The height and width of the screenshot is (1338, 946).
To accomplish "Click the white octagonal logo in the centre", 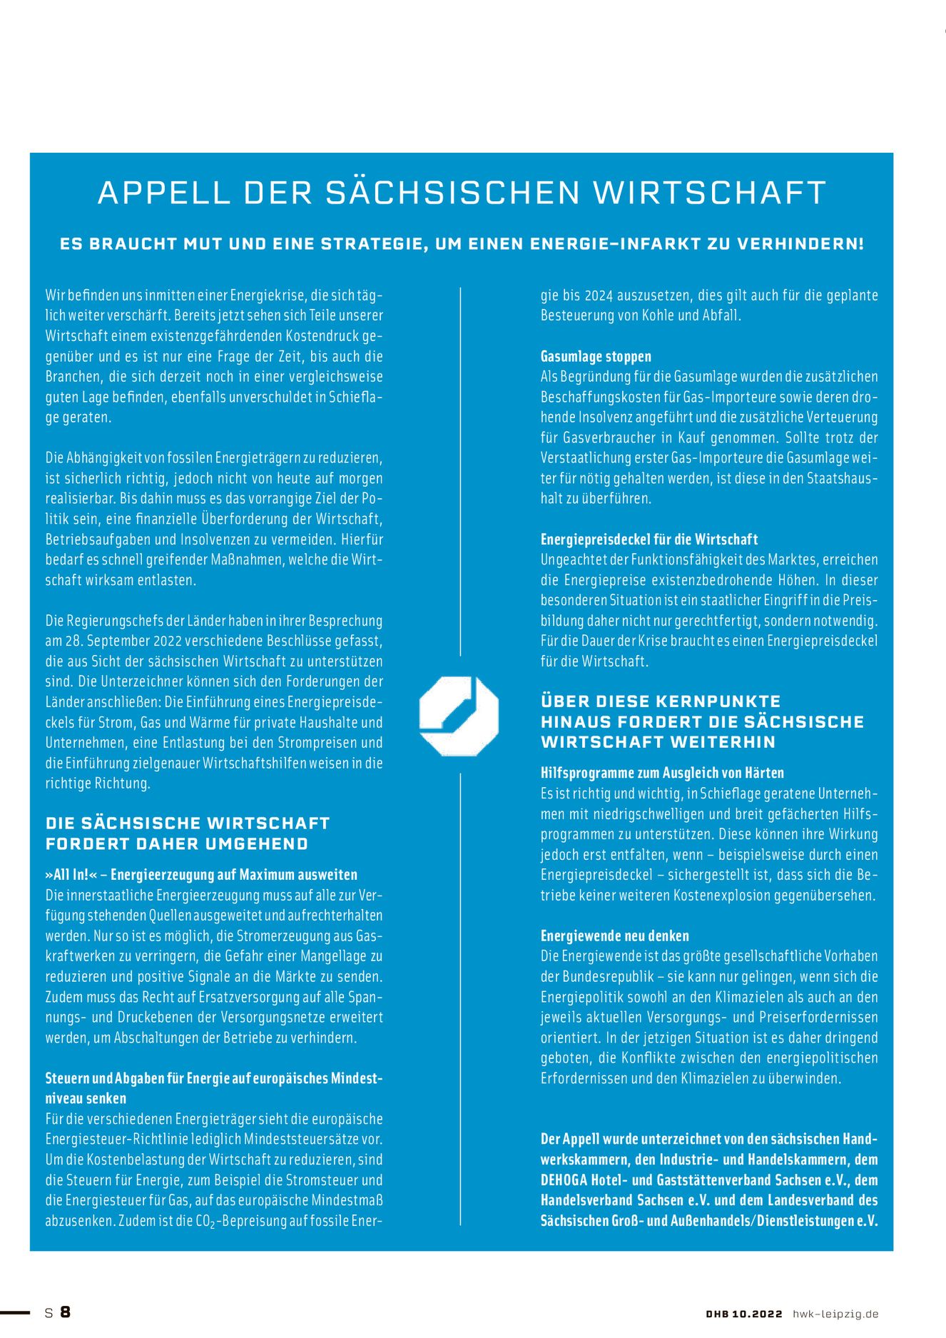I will point(459,716).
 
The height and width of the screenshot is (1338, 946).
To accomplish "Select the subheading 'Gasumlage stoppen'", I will point(596,356).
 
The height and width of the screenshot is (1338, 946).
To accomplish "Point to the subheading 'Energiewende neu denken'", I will point(614,936).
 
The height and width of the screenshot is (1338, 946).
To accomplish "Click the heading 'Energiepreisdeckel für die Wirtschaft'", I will point(649,539).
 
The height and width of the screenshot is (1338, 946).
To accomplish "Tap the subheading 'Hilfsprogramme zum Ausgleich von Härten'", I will point(662,773).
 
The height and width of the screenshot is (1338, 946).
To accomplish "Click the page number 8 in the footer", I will point(66,1312).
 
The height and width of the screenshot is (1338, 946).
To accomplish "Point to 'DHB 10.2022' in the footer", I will point(743,1314).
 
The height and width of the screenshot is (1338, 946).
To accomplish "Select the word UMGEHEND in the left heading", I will point(257,843).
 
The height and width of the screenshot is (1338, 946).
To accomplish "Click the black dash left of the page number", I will point(15,1312).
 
